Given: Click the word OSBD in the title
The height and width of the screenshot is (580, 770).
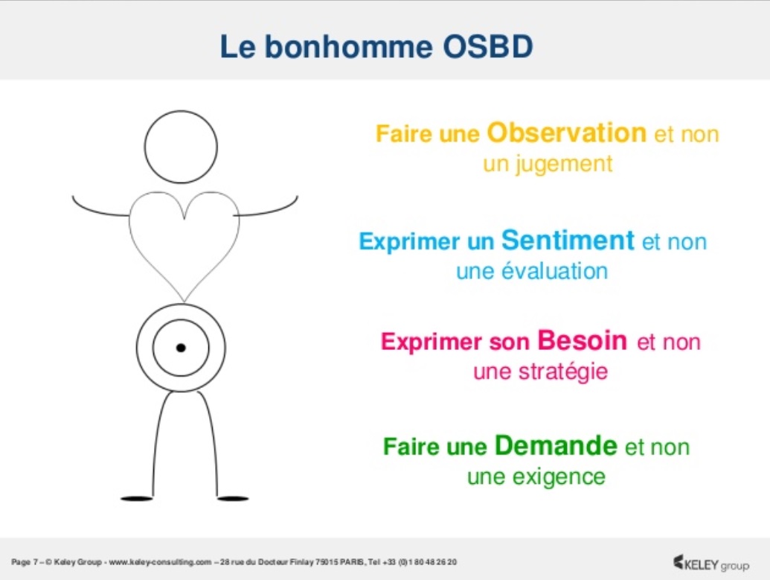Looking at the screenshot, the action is [487, 47].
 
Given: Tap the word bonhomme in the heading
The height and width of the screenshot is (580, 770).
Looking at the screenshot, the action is [349, 47].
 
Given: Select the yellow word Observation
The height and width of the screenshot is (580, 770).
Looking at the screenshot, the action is [566, 133].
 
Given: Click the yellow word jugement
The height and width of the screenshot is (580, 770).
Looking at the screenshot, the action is [564, 165].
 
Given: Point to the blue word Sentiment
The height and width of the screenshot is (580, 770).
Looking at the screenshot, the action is [568, 240].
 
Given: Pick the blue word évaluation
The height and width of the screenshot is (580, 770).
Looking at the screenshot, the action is [554, 271].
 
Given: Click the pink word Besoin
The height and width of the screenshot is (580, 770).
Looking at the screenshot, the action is [582, 340].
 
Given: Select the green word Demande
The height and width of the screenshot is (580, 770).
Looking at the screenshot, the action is [556, 446].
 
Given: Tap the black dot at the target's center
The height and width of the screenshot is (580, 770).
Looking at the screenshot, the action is [181, 348].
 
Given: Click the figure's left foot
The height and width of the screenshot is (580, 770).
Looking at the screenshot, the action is [137, 498].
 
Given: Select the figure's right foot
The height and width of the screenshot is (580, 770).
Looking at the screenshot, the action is [233, 498].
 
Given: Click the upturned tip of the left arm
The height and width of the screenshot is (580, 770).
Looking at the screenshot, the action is [73, 197].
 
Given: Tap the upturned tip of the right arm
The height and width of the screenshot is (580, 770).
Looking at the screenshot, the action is [297, 197].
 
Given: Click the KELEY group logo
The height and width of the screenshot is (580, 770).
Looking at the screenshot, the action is [711, 564].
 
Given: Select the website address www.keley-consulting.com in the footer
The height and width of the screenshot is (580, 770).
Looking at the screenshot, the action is [160, 562].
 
